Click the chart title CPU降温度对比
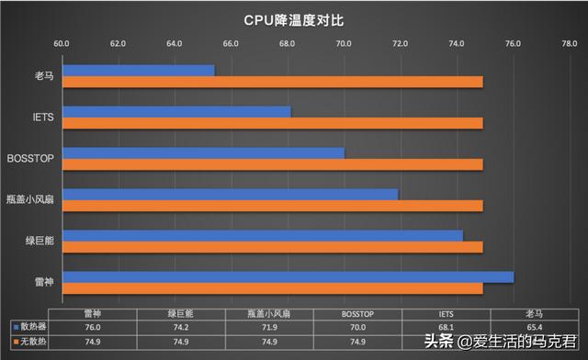pyautogui.click(x=294, y=18)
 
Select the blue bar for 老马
pyautogui.click(x=138, y=71)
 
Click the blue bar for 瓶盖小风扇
pyautogui.click(x=230, y=194)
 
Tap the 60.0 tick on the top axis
pyautogui.click(x=62, y=42)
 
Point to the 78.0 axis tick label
pyautogui.click(x=570, y=42)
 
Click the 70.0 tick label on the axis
pyautogui.click(x=344, y=42)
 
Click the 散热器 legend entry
pyautogui.click(x=28, y=326)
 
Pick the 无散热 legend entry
pyautogui.click(x=28, y=342)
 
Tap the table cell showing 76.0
pyautogui.click(x=92, y=326)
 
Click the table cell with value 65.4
pyautogui.click(x=534, y=326)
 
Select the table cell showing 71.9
pyautogui.click(x=269, y=326)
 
